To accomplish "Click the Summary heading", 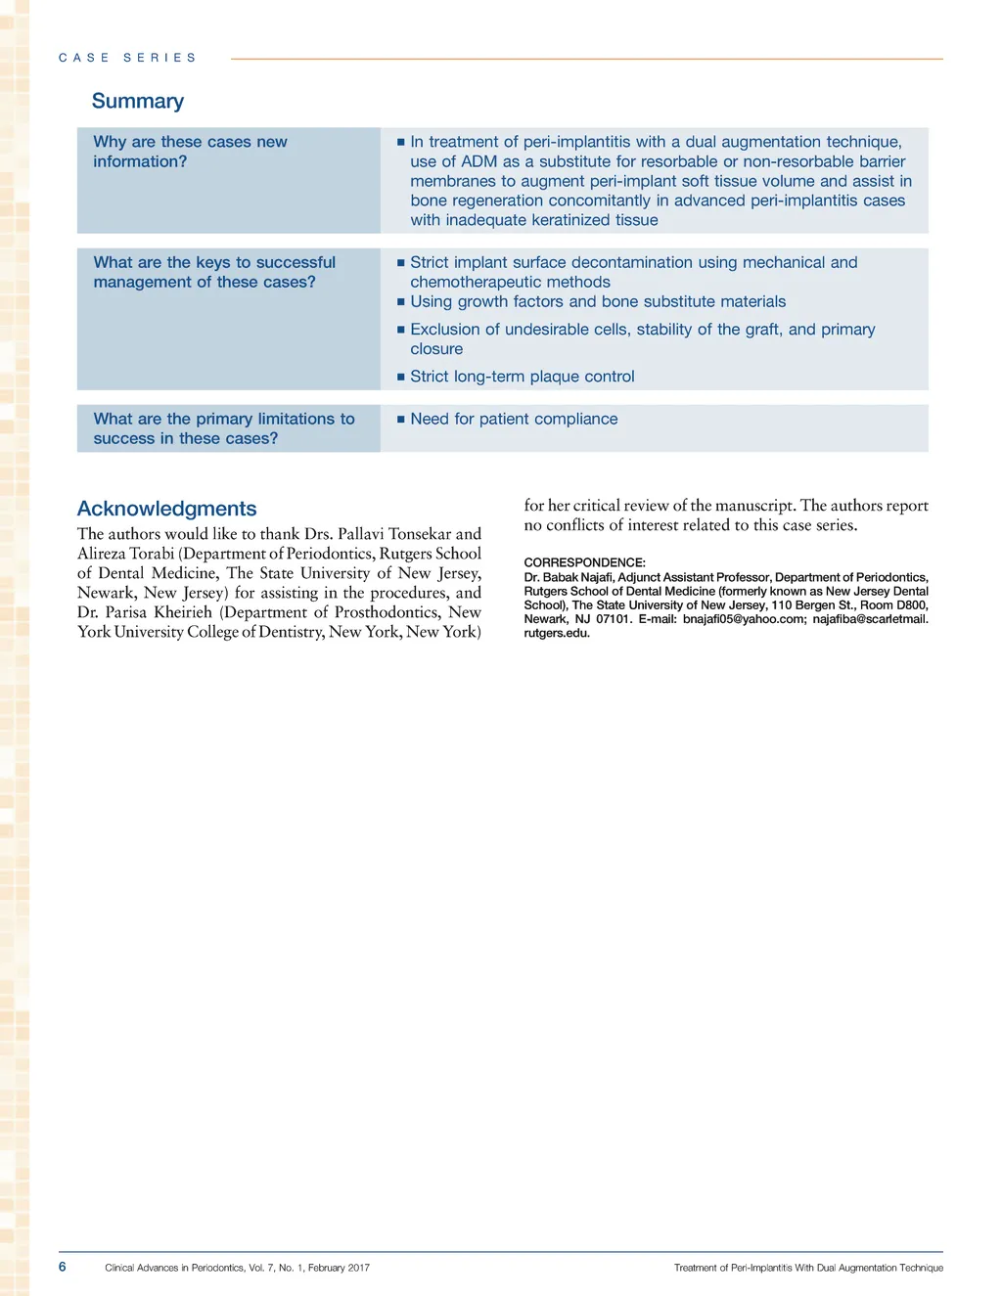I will [137, 101].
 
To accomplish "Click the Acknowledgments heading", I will [166, 509].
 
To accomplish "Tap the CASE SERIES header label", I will [127, 58].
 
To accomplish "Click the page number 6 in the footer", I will [63, 1267].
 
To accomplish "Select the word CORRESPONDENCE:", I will [584, 562].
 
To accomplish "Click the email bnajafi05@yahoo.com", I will [743, 619].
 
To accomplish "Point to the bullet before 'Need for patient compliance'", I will [400, 420].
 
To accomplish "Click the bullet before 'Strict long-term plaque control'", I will [400, 378].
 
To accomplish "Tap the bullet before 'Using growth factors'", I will [400, 302].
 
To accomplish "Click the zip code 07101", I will [614, 619].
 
